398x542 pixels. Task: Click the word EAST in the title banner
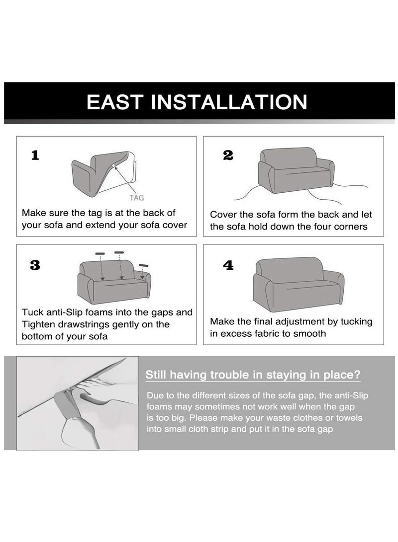point(115,102)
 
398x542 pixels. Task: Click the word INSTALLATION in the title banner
point(229,102)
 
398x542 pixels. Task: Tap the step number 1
point(35,155)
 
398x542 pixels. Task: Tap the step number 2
point(228,155)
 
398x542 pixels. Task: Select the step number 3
point(35,265)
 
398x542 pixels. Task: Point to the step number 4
point(228,265)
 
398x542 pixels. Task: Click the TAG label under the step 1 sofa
point(136,198)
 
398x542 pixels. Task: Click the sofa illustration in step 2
point(296,170)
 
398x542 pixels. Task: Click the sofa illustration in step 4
point(298,284)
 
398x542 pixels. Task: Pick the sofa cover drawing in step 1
point(103,173)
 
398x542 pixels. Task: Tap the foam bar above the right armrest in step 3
point(143,265)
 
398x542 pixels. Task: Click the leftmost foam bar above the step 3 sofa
point(100,253)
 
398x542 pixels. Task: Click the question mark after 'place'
point(358,375)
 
